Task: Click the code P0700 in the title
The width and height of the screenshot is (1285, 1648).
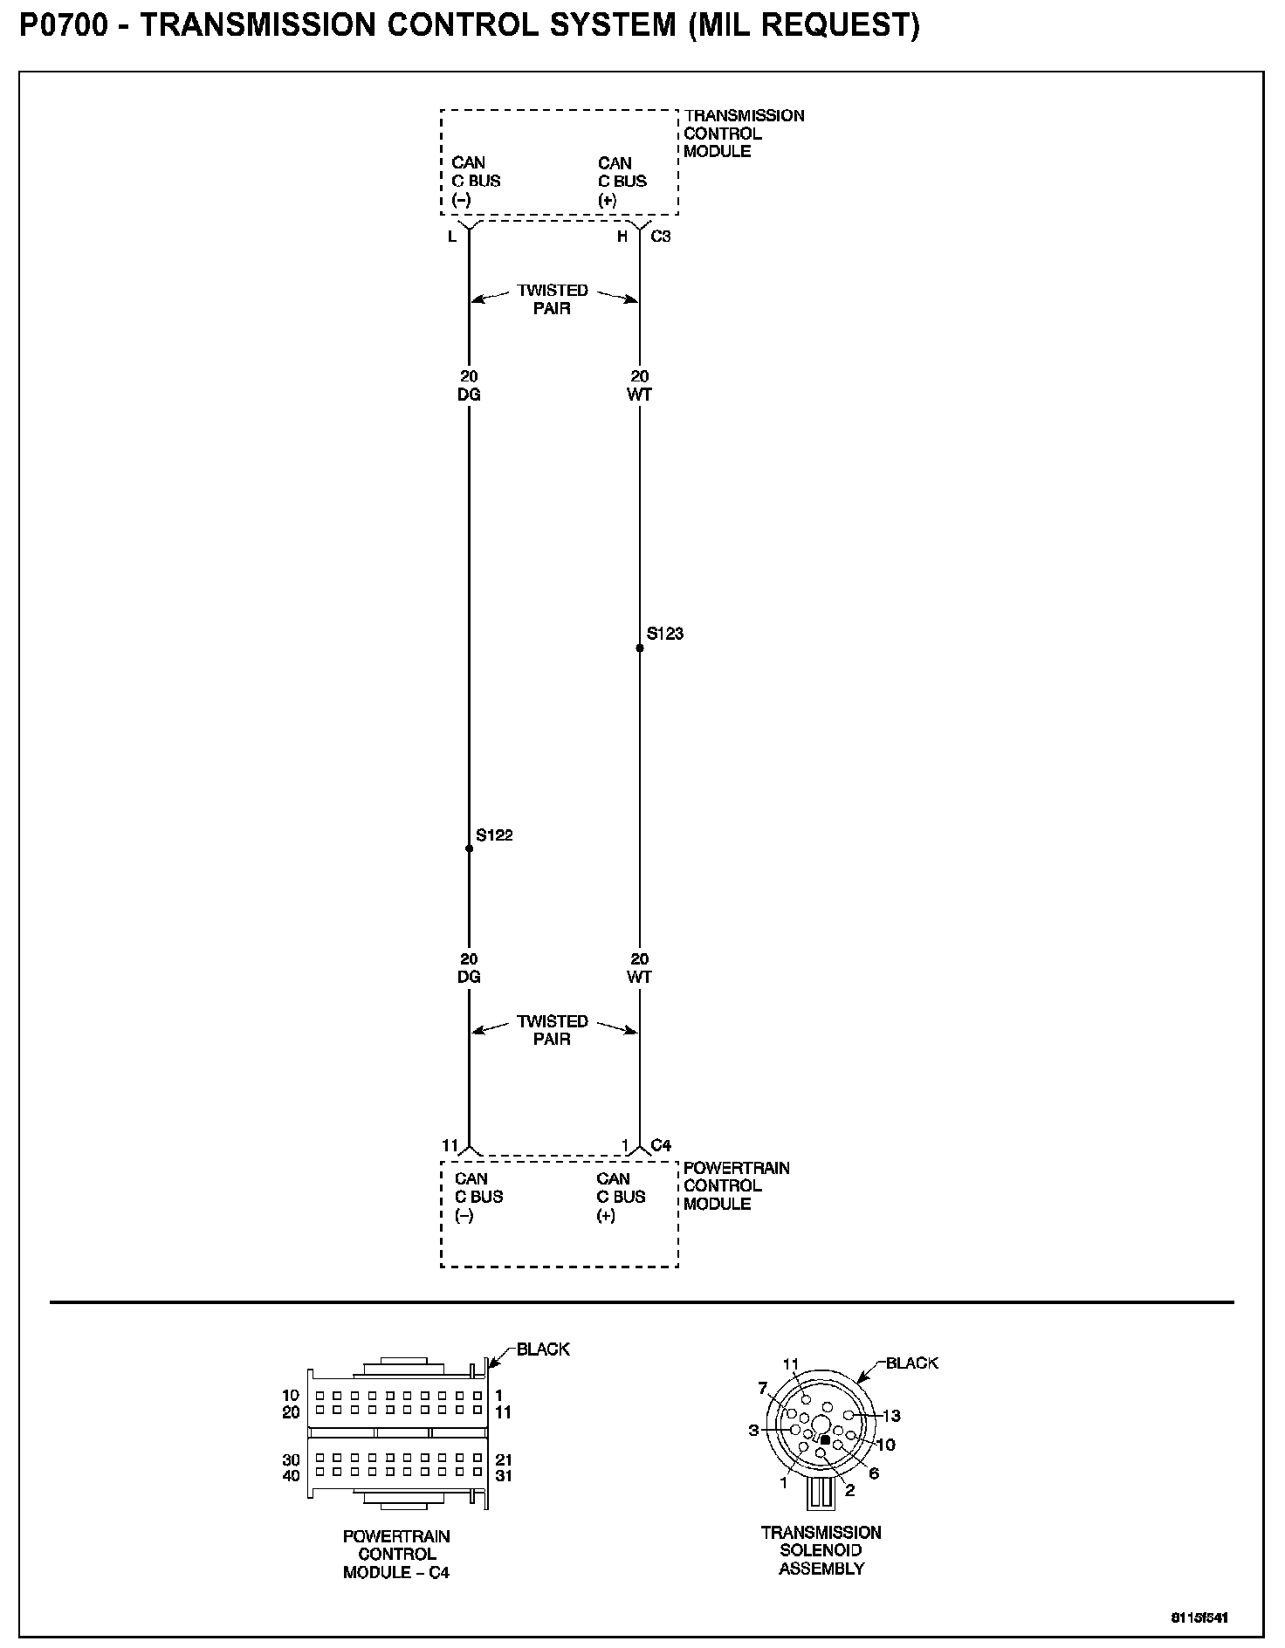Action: tap(64, 25)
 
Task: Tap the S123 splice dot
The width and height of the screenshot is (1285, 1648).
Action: tap(640, 648)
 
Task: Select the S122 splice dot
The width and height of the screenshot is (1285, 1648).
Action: tap(469, 848)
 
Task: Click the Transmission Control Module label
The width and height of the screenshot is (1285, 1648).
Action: tap(744, 134)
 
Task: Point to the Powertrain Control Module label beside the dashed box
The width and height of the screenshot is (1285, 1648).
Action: tap(736, 1185)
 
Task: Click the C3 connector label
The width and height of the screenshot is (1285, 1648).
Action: tap(661, 236)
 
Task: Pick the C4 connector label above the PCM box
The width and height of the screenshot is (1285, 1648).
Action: tap(661, 1144)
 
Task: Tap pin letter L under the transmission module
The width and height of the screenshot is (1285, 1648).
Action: tap(452, 236)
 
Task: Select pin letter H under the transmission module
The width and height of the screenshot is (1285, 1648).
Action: tap(622, 236)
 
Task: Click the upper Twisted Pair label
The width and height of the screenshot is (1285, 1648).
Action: tap(553, 299)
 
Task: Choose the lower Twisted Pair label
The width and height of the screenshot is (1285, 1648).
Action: tap(553, 1030)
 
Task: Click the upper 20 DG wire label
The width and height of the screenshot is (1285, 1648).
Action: tap(469, 385)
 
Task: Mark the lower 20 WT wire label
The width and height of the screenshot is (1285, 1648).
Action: tap(640, 968)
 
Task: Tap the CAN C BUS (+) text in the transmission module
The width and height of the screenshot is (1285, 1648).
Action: tap(622, 181)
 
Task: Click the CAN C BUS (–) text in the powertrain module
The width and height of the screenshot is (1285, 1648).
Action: tap(478, 1197)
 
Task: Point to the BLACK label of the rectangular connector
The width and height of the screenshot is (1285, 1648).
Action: tap(543, 1349)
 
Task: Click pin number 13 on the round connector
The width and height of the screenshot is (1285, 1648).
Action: tap(891, 1415)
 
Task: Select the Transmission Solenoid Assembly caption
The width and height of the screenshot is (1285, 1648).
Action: tap(821, 1550)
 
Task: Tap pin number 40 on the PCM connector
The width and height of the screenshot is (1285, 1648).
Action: tap(291, 1476)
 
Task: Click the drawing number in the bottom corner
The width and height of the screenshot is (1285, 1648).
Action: tap(1199, 1617)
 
